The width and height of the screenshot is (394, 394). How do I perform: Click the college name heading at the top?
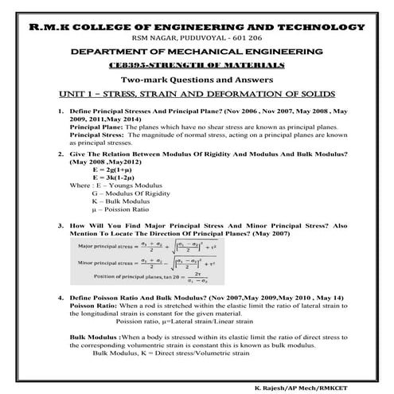tap(197, 28)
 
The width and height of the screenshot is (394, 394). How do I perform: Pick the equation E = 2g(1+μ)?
tap(115, 170)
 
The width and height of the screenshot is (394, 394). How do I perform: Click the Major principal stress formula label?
tap(108, 249)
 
